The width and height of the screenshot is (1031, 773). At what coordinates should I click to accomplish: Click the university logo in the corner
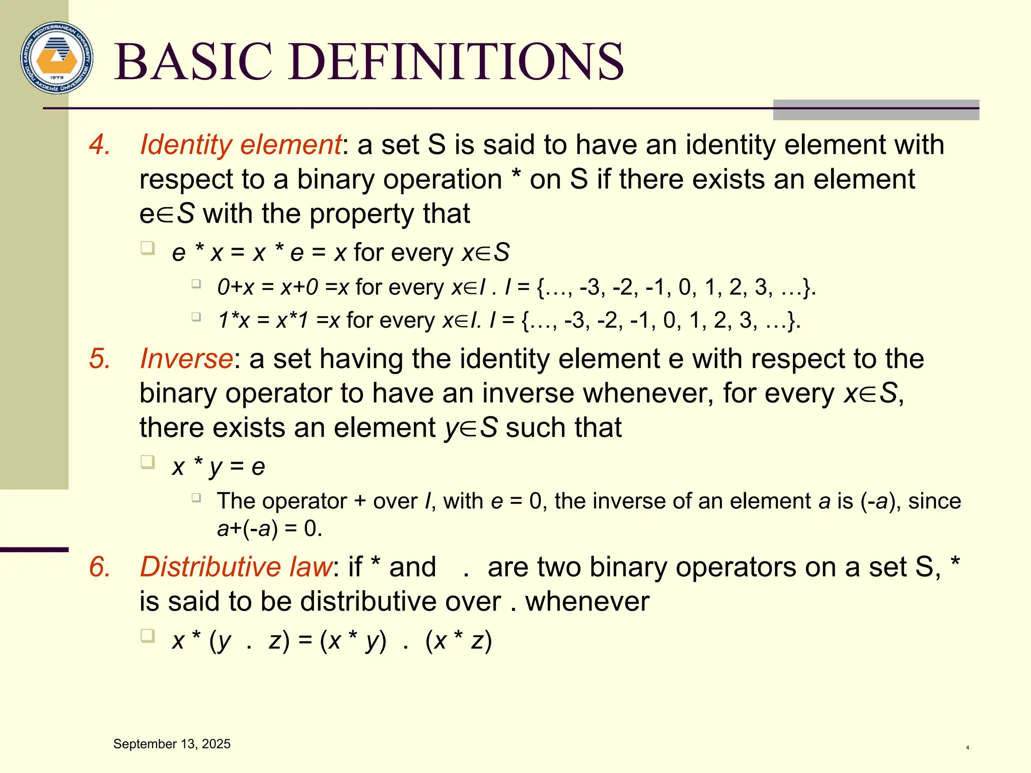click(x=57, y=57)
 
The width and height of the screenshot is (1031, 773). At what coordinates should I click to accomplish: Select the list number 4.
click(x=99, y=145)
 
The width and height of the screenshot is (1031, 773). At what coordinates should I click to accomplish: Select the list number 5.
click(x=99, y=359)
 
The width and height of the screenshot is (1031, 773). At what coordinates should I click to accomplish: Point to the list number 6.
click(x=99, y=567)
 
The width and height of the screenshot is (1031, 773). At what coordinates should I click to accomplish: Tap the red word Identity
click(x=186, y=145)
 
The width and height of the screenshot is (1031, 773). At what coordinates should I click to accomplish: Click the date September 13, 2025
click(x=172, y=744)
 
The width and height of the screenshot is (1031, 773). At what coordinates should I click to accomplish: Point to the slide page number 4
click(x=967, y=748)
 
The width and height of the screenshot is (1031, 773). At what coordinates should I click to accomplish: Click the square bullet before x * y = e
click(x=148, y=462)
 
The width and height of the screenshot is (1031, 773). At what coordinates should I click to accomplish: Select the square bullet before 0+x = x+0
click(x=196, y=284)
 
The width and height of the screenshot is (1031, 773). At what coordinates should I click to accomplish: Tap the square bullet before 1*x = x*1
click(x=196, y=317)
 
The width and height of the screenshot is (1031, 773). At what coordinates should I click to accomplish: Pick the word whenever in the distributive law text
click(x=587, y=602)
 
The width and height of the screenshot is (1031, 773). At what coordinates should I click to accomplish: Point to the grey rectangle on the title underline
click(x=875, y=110)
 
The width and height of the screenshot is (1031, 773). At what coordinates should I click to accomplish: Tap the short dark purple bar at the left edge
click(x=34, y=550)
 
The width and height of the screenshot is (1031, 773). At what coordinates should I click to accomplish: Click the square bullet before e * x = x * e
click(x=148, y=248)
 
